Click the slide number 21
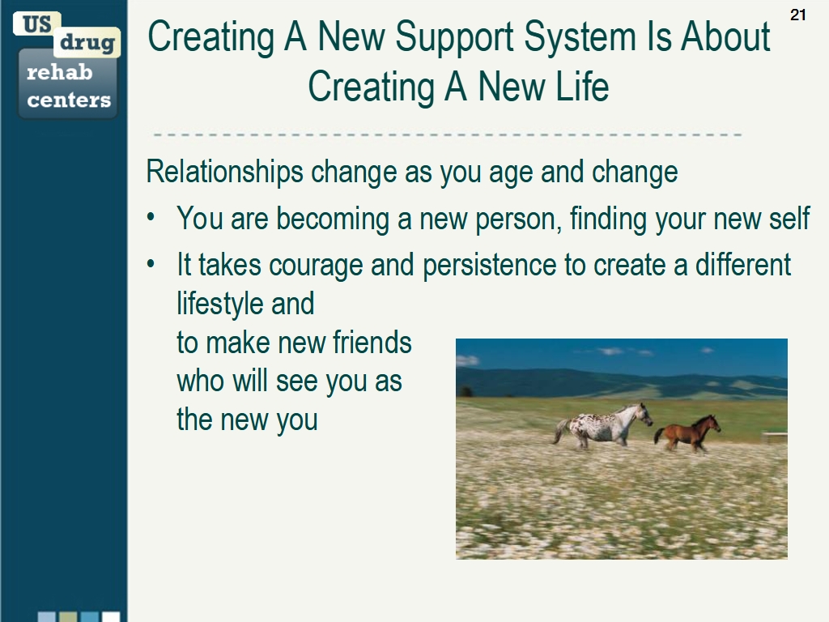point(797,15)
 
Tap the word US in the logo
point(36,24)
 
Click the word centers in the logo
point(69,100)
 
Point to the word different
point(743,266)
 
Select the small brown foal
point(688,433)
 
